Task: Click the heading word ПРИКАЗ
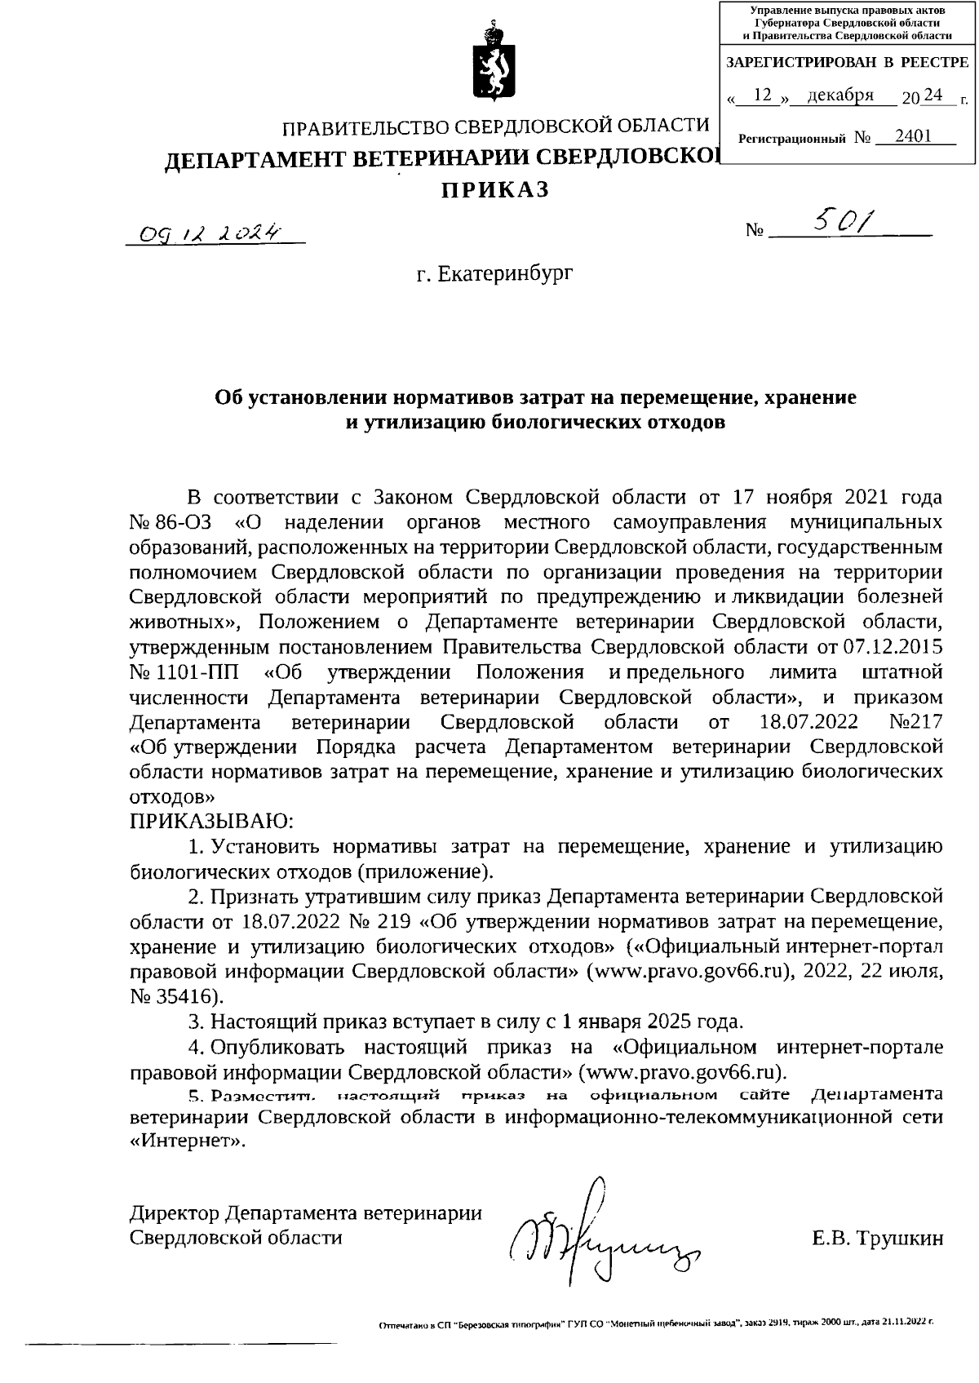(x=495, y=189)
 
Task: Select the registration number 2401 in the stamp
(x=912, y=136)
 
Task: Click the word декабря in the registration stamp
(x=840, y=96)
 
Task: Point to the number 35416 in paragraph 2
(x=188, y=996)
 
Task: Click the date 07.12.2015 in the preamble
(x=892, y=647)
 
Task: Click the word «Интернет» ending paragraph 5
(x=187, y=1141)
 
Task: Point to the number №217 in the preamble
(x=918, y=722)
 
